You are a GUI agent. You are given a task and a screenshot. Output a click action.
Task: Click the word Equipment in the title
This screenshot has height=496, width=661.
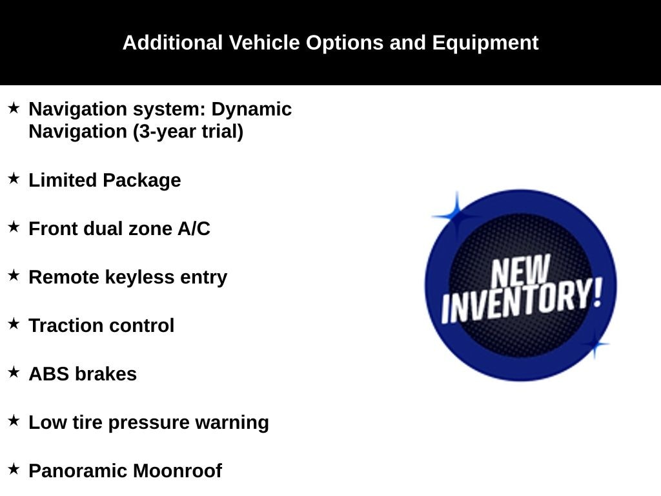pos(485,43)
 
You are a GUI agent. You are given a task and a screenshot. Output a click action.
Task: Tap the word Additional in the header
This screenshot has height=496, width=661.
pos(172,43)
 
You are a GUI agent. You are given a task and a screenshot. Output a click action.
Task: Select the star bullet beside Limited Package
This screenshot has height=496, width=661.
pos(14,178)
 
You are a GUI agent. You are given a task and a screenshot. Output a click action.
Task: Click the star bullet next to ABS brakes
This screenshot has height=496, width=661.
pos(14,372)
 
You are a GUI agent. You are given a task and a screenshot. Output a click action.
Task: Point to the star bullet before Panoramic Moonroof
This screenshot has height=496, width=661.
pos(14,469)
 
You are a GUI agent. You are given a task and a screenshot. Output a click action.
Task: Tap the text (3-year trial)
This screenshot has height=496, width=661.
pos(188,132)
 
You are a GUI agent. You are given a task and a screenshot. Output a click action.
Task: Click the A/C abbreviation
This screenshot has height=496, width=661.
pos(194,229)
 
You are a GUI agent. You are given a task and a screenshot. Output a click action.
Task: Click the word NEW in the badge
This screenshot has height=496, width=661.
pos(521,271)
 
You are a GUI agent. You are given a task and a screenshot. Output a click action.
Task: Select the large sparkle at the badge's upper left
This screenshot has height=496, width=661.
pos(456,216)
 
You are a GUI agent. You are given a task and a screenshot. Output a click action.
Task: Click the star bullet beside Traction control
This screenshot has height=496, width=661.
pos(14,324)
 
